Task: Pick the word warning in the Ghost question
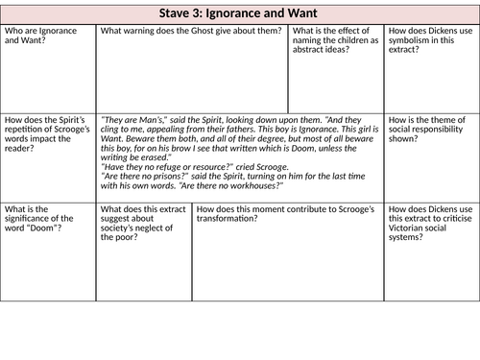(141, 32)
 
